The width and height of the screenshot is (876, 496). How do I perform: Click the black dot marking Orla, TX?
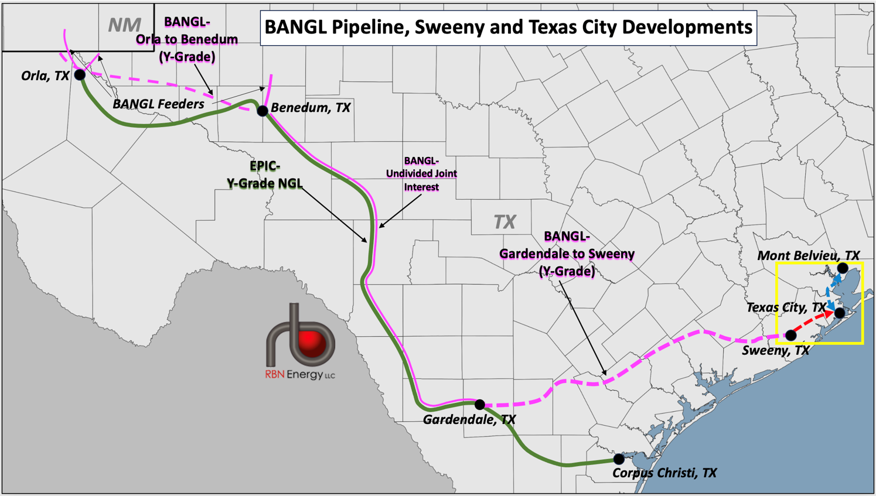pyautogui.click(x=80, y=75)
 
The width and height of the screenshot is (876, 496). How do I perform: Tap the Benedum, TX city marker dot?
pyautogui.click(x=263, y=110)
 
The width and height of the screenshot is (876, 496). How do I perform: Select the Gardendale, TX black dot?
pyautogui.click(x=480, y=404)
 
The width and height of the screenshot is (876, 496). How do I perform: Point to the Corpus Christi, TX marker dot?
pyautogui.click(x=619, y=459)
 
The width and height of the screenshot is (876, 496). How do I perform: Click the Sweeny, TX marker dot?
pyautogui.click(x=791, y=336)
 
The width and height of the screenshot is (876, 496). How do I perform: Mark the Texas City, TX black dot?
pyautogui.click(x=840, y=313)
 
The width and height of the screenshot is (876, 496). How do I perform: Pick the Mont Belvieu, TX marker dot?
pyautogui.click(x=843, y=268)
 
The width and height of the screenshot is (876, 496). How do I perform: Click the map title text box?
pyautogui.click(x=508, y=28)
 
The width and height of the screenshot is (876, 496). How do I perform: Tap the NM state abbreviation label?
pyautogui.click(x=124, y=25)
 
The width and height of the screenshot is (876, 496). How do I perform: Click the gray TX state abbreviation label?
pyautogui.click(x=505, y=222)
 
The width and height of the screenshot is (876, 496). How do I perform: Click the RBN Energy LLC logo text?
pyautogui.click(x=300, y=374)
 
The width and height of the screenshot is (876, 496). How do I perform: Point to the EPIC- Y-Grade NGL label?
pyautogui.click(x=265, y=175)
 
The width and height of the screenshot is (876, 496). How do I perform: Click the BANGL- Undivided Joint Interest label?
pyautogui.click(x=421, y=174)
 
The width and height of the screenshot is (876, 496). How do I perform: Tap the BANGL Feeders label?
pyautogui.click(x=158, y=104)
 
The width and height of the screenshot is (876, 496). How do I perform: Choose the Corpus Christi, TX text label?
pyautogui.click(x=664, y=473)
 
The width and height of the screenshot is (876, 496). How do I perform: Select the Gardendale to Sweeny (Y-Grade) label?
pyautogui.click(x=567, y=254)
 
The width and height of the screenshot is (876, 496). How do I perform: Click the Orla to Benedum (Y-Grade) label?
pyautogui.click(x=187, y=39)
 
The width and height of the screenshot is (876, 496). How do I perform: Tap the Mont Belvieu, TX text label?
pyautogui.click(x=808, y=256)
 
